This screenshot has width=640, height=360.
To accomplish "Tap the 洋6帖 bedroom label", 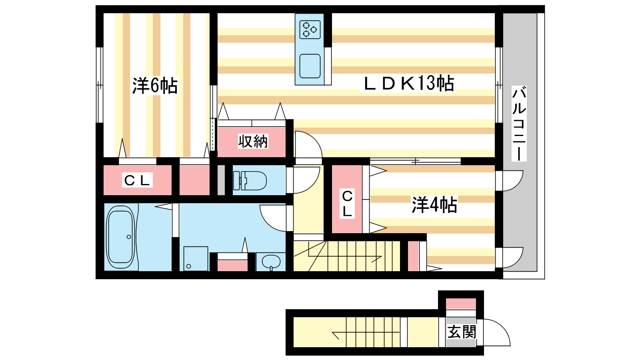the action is click(155, 86).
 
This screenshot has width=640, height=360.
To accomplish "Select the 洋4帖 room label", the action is click(434, 204).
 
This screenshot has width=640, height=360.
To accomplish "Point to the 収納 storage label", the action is click(253, 141).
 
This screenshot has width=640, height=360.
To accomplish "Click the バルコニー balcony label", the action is click(519, 124).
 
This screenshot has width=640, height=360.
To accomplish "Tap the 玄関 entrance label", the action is click(462, 332).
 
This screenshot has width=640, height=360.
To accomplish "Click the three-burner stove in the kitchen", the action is click(310, 30).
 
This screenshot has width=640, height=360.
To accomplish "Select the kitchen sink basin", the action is click(310, 66).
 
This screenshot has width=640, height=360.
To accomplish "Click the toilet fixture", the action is click(250, 180).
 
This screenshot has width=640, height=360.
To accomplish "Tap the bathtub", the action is click(120, 236).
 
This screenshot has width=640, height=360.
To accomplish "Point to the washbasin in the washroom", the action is click(271, 262).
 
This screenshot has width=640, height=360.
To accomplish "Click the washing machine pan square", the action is click(196, 258).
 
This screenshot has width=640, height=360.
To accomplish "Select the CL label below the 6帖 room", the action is click(138, 180).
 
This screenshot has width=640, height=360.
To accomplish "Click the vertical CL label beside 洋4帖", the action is click(347, 204).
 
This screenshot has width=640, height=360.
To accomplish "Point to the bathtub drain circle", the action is click(129, 237).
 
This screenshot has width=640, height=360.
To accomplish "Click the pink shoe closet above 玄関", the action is click(461, 304).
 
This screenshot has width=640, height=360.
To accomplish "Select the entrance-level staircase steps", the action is click(373, 332).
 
